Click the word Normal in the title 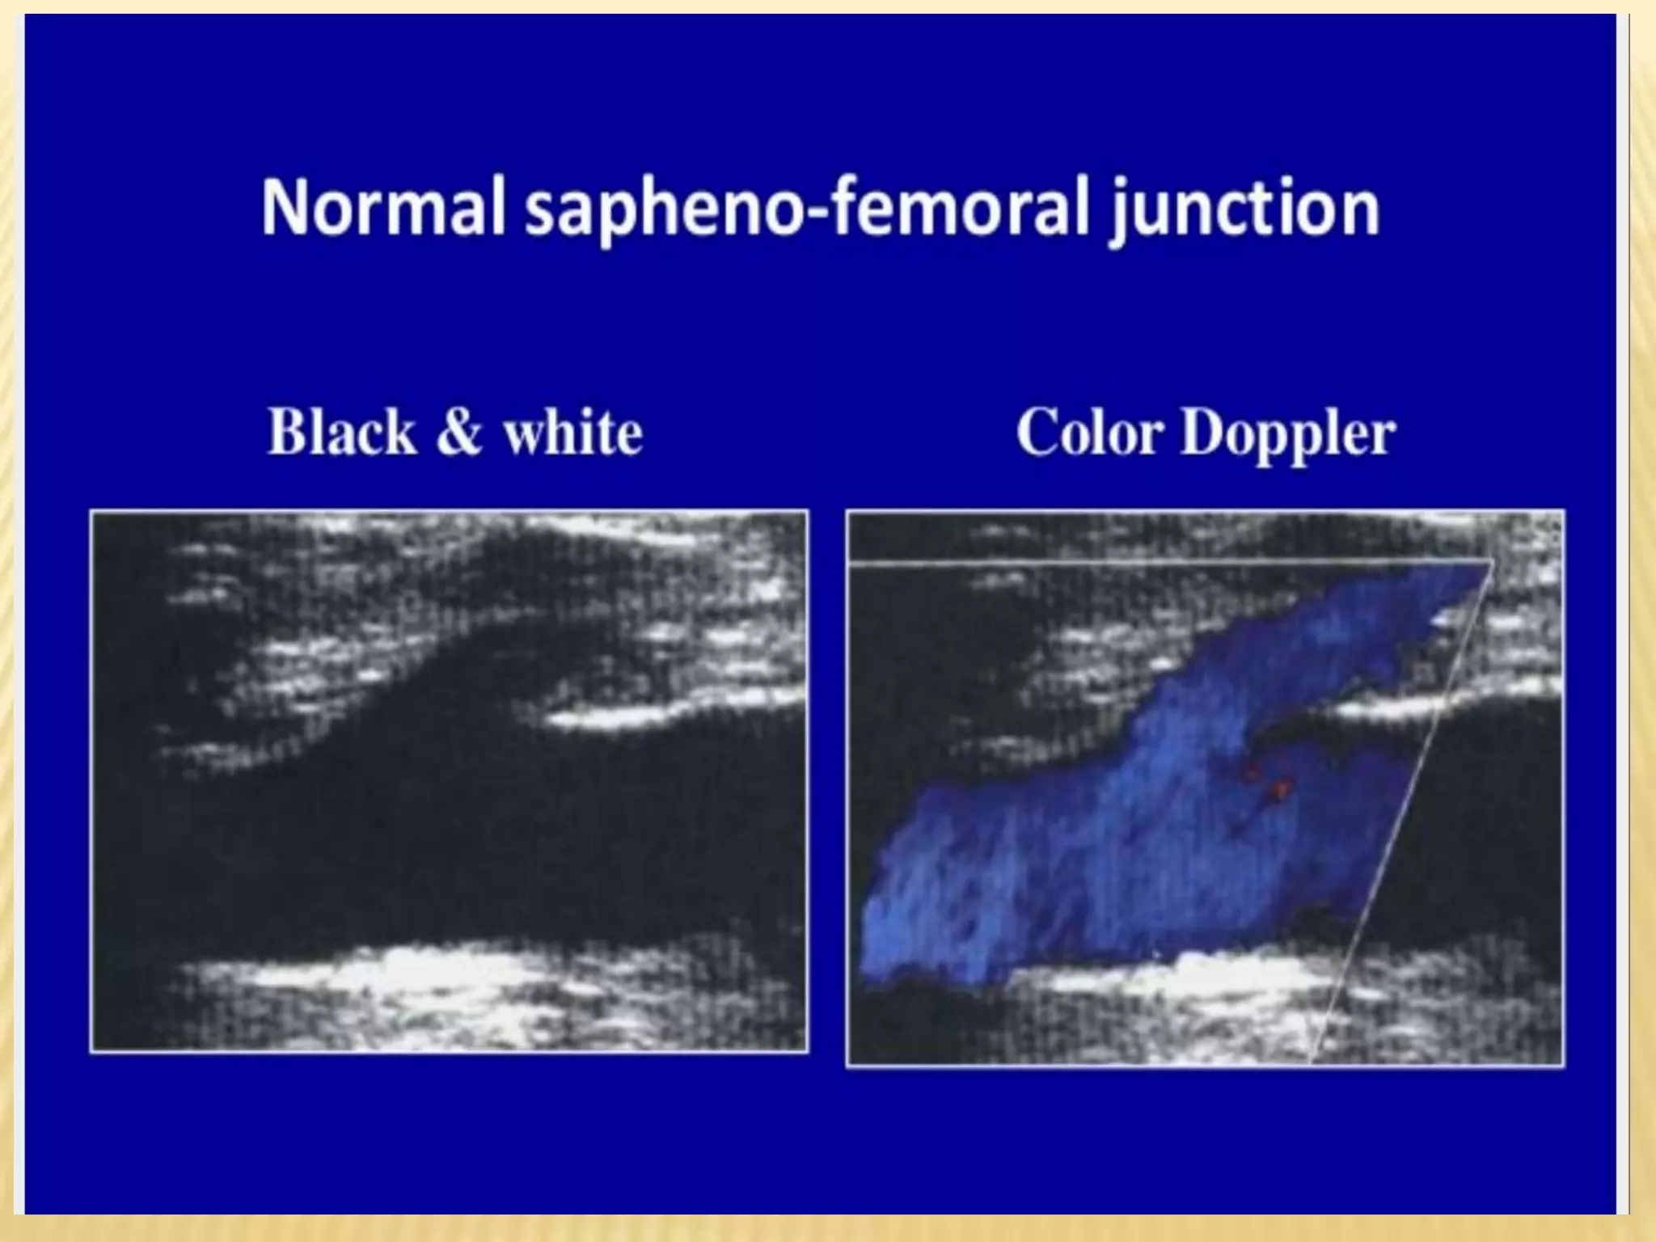click(x=384, y=209)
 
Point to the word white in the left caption click(x=572, y=433)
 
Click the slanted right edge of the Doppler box click(x=1403, y=809)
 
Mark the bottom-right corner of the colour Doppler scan click(x=1562, y=1064)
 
